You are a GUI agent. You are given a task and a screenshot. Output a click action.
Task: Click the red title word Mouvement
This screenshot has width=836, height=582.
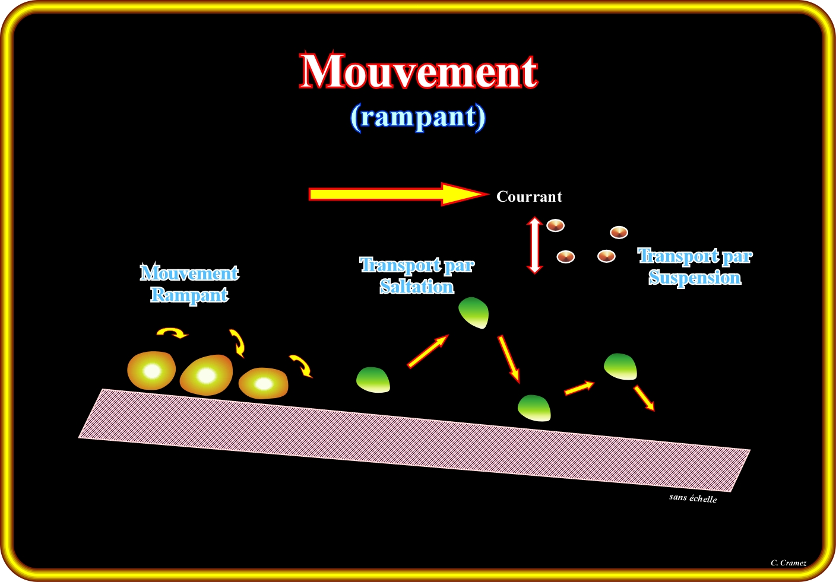(x=419, y=72)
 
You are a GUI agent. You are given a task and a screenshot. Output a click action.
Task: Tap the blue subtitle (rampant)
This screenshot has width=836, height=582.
(x=418, y=117)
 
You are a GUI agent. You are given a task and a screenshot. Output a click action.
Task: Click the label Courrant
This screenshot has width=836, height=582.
(x=529, y=197)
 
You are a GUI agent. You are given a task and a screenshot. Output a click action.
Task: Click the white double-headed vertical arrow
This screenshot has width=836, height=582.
(x=535, y=245)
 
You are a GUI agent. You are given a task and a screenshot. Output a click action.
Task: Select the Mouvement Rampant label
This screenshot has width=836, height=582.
(x=189, y=284)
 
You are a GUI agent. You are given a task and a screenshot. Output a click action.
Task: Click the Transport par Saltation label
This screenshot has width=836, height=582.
(x=417, y=276)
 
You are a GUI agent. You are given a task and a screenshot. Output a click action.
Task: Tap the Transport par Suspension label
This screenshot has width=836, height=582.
(x=695, y=267)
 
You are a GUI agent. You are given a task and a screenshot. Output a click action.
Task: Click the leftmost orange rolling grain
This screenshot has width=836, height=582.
(x=152, y=371)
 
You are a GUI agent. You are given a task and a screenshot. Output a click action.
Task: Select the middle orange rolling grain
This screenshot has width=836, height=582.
(x=206, y=375)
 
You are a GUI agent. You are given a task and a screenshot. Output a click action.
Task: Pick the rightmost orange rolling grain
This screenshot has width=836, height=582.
(x=263, y=384)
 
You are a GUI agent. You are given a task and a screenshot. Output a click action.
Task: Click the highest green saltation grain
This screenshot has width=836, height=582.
(x=474, y=313)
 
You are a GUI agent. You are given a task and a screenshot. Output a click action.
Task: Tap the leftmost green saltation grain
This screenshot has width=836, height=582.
(x=373, y=380)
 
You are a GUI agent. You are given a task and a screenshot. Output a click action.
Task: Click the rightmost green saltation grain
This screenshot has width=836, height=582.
(x=620, y=366)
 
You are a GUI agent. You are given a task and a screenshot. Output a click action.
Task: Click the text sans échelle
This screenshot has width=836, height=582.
(x=693, y=498)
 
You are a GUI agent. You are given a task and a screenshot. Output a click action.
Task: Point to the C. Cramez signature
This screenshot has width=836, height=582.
(x=788, y=563)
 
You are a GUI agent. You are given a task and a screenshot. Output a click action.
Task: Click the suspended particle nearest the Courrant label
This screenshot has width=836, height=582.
(x=555, y=225)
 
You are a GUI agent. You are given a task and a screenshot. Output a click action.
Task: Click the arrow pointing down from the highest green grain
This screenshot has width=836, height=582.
(x=509, y=358)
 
